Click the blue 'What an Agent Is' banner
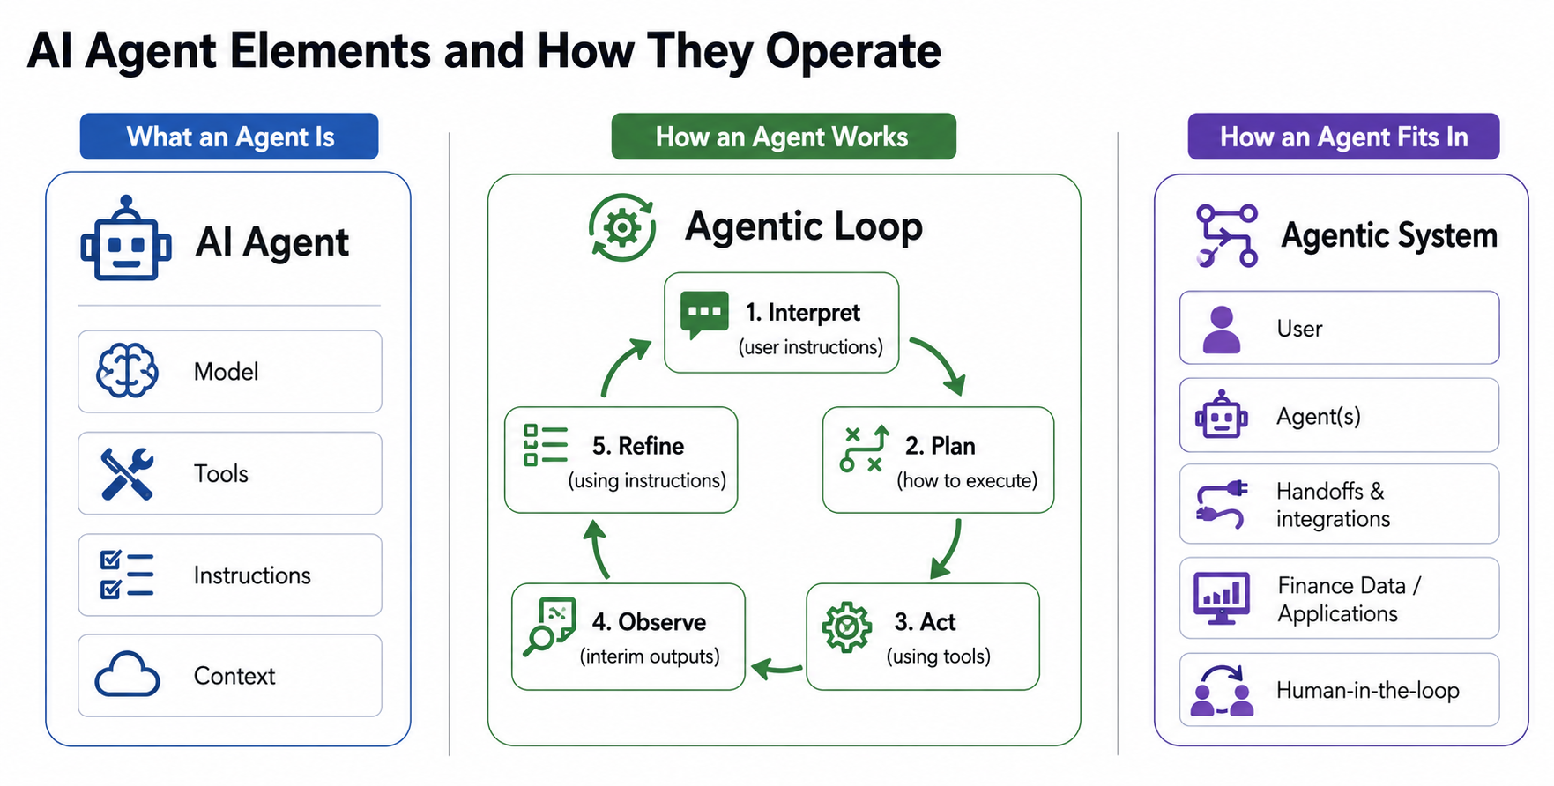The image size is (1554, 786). (x=229, y=137)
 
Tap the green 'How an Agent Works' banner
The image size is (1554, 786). (x=783, y=137)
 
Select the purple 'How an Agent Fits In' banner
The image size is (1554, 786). (x=1342, y=137)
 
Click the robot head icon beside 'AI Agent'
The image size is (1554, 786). (x=126, y=240)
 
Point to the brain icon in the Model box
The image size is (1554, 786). (x=127, y=371)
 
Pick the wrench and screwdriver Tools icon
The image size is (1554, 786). (x=127, y=473)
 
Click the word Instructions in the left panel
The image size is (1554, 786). (x=252, y=575)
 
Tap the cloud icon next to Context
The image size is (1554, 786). (x=127, y=676)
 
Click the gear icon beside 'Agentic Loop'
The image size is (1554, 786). (x=622, y=227)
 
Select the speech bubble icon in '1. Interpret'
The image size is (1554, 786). (x=704, y=315)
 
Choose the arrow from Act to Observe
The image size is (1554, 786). (x=776, y=668)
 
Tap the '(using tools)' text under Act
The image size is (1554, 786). (x=938, y=656)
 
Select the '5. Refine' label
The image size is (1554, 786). (x=637, y=446)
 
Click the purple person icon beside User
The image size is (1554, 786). (x=1222, y=329)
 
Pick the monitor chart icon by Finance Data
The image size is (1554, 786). (x=1221, y=597)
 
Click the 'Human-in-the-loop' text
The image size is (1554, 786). (x=1367, y=690)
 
